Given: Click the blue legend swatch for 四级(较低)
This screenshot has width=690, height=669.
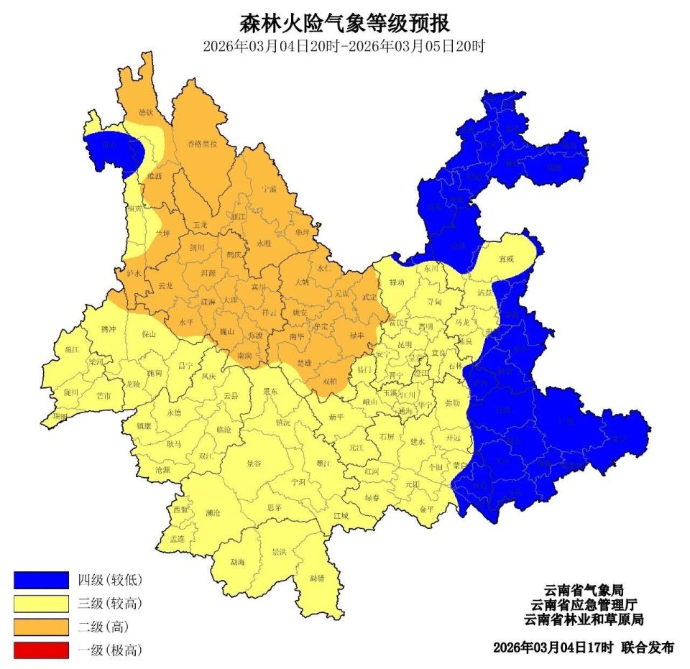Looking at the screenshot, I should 41,579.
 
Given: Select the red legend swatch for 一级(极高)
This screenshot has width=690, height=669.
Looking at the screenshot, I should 41,650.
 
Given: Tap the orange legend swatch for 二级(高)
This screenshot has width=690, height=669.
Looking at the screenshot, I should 41,626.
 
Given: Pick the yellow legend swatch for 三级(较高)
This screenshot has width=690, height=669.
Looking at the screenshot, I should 41,603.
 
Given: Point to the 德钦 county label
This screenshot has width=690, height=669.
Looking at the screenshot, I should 146,112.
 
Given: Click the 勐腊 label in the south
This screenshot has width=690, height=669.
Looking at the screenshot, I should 317,577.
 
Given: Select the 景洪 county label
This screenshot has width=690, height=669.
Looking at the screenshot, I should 279,553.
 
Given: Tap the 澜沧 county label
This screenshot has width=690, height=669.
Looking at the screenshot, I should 213,513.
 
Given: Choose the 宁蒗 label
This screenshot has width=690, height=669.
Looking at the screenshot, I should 270,188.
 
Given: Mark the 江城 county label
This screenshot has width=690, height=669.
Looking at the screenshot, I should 340,515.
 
